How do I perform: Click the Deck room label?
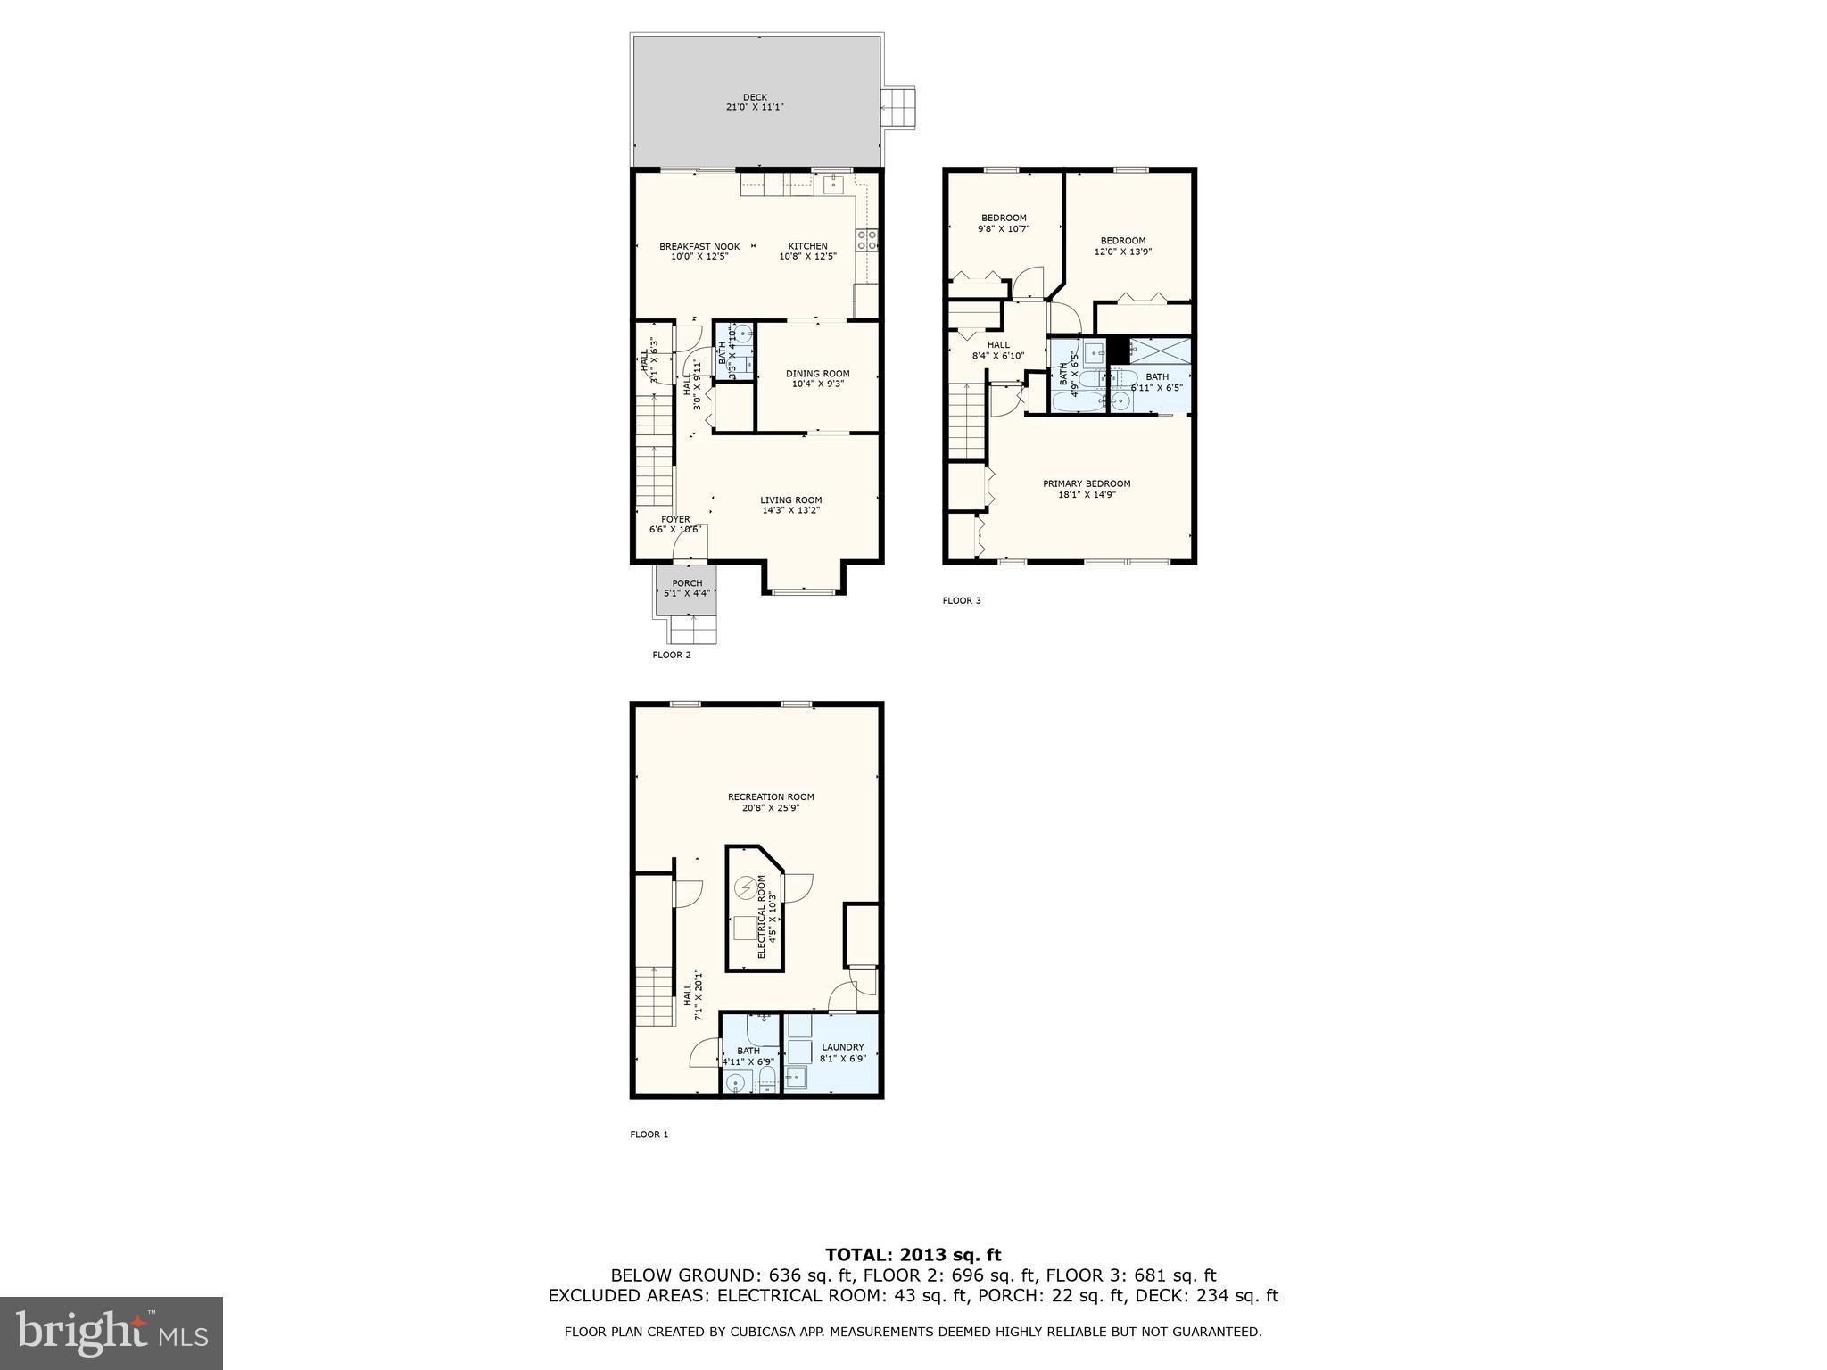(x=755, y=103)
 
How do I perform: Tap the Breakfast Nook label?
(x=699, y=252)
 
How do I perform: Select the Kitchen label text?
(x=807, y=252)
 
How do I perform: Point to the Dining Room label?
(x=817, y=379)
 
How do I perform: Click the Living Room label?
(x=790, y=505)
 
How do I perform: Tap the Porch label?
(x=687, y=588)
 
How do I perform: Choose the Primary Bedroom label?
(x=1086, y=489)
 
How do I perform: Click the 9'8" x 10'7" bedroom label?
(x=1004, y=223)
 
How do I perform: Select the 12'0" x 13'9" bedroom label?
(x=1122, y=246)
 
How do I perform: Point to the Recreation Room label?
(x=771, y=803)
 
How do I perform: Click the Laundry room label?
(x=842, y=1052)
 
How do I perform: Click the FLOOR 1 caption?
(x=649, y=1135)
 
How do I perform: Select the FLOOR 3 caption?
(x=961, y=600)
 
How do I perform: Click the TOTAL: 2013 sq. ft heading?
(x=913, y=1255)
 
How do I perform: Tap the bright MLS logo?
(x=112, y=1332)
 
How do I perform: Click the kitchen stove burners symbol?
(x=865, y=239)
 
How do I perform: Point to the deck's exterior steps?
(x=898, y=108)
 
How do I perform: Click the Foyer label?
(x=675, y=524)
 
